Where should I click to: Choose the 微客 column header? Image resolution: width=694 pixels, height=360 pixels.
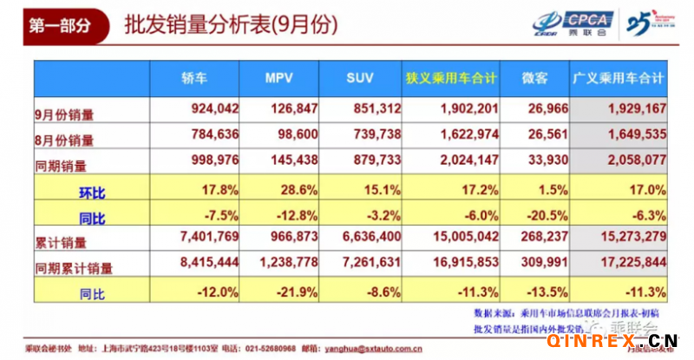[x=535, y=79]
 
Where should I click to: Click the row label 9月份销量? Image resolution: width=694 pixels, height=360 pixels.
[x=67, y=111]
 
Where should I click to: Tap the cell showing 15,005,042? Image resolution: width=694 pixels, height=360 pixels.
[x=462, y=236]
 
